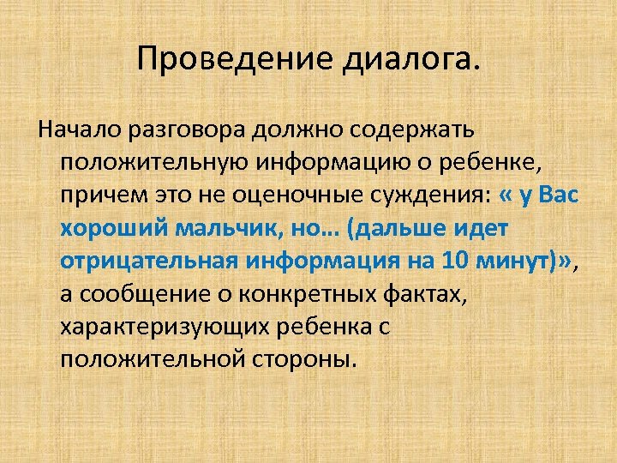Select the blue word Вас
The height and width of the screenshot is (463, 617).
[557, 195]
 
